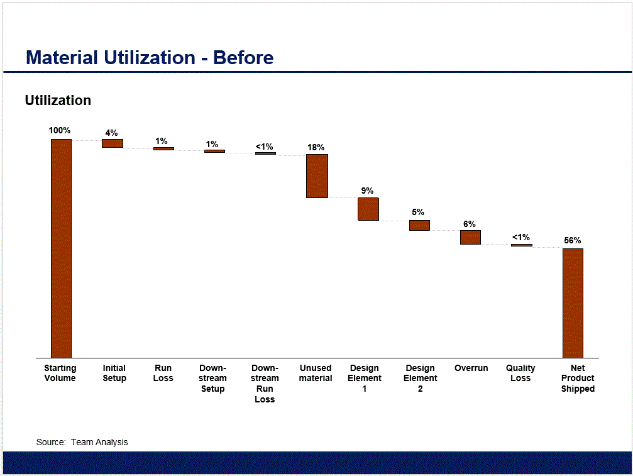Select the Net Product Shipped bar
point(573,303)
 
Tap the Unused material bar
point(317,176)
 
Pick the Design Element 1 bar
point(368,209)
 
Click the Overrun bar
point(470,237)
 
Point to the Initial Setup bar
point(113,143)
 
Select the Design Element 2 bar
point(419,225)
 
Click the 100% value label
point(60,131)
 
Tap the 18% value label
point(316,148)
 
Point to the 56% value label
point(573,240)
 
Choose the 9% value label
point(368,191)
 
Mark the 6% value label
point(470,224)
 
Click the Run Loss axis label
point(163,373)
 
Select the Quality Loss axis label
point(520,373)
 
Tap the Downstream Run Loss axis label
point(265,384)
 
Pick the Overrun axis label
point(471,368)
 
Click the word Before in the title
point(243,58)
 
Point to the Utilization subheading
point(58,101)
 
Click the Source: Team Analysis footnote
point(82,442)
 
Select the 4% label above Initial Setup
point(111,133)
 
